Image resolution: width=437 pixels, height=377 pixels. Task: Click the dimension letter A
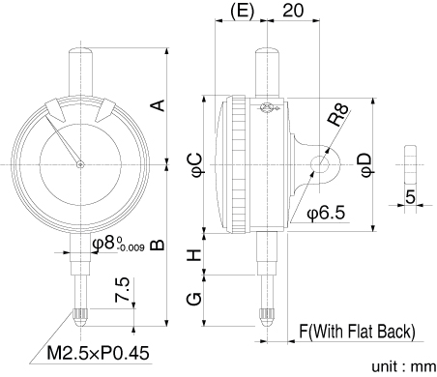(x=159, y=105)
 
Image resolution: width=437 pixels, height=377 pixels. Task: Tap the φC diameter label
(x=196, y=165)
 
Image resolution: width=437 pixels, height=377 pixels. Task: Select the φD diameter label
(x=366, y=165)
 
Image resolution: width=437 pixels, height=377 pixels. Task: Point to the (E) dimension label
(x=242, y=11)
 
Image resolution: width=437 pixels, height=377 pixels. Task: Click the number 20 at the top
(x=293, y=11)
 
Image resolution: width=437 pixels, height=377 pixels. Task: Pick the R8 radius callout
(x=337, y=115)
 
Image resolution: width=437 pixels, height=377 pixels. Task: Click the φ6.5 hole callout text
(x=326, y=213)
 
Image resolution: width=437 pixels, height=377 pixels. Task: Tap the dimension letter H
(x=194, y=255)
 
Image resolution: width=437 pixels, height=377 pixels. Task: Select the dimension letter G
(x=194, y=299)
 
